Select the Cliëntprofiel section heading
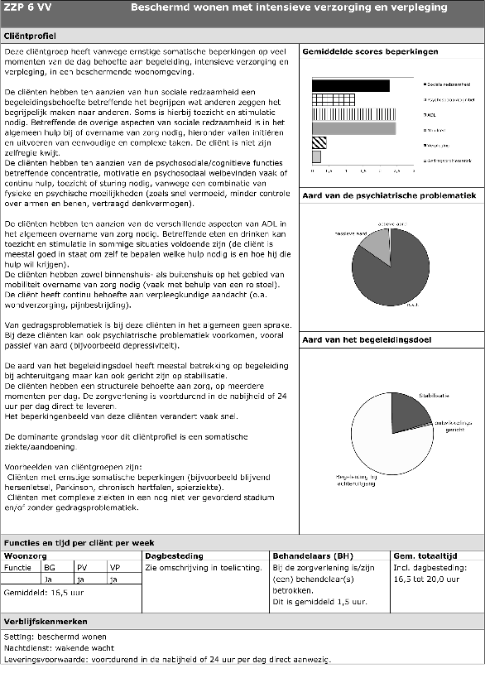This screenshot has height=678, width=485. tap(31, 37)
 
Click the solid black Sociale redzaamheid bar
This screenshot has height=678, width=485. tap(350, 85)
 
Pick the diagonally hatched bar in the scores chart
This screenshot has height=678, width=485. tap(319, 142)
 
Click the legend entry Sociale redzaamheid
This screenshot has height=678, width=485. tap(448, 85)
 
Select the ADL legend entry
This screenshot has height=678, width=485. tap(431, 114)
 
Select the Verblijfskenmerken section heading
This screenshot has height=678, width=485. tap(45, 621)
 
